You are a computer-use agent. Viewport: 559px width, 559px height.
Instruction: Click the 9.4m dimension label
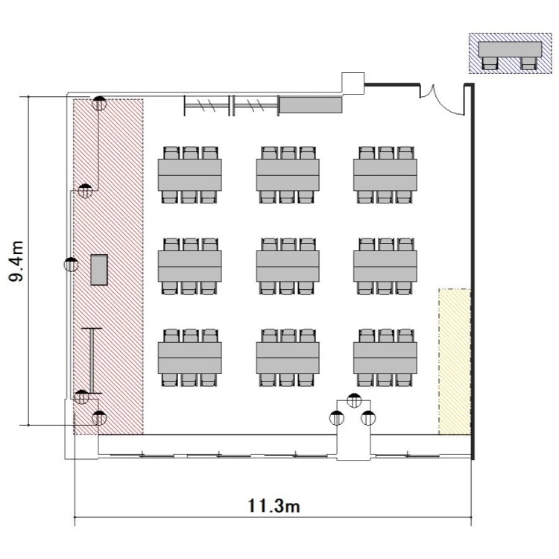pos(16,261)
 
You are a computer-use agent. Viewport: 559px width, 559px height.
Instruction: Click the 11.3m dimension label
pos(274,506)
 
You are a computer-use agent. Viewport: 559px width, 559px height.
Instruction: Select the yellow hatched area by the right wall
pos(455,361)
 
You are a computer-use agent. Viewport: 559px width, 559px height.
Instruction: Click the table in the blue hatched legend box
pos(510,49)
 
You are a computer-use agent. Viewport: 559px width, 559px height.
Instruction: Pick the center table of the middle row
pos(288,266)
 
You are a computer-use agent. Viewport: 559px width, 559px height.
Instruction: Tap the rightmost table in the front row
pos(385,358)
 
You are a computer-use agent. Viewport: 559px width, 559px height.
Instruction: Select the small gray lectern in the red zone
pos(99,270)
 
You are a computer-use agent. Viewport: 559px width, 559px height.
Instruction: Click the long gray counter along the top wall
pos(311,104)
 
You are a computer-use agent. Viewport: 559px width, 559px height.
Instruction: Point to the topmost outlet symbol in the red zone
pos(99,103)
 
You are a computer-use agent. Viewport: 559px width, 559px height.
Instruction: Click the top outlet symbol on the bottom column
pos(353,400)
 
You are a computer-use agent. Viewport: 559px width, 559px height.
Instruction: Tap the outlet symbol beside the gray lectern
pos(71,264)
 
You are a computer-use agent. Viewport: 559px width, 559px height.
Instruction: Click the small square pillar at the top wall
pos(353,83)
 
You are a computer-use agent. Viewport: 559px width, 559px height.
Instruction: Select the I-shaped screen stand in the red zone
pos(92,361)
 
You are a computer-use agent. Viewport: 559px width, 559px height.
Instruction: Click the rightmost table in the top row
pos(385,174)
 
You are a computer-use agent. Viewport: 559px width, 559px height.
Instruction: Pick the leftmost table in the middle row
pos(189,266)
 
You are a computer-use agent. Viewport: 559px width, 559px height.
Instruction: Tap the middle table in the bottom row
pos(288,358)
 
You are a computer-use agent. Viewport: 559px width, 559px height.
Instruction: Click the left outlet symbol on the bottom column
pos(337,418)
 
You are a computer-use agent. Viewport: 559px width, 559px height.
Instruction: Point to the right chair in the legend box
pos(528,63)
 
